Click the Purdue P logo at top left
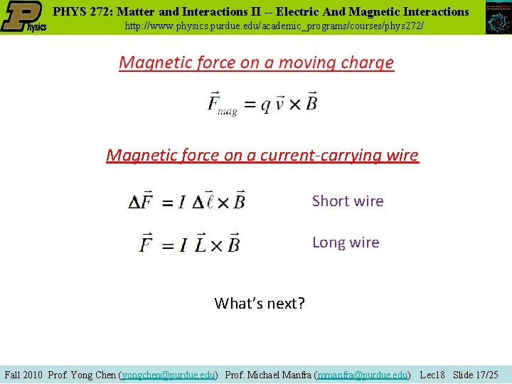click(23, 16)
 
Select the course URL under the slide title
click(274, 26)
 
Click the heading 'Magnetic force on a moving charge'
click(256, 63)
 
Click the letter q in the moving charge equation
click(265, 104)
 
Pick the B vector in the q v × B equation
click(311, 102)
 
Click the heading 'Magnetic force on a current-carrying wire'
click(262, 155)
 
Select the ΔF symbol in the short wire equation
click(141, 201)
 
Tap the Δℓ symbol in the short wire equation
click(201, 201)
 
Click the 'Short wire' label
click(348, 201)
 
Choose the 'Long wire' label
click(346, 242)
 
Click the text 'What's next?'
click(260, 304)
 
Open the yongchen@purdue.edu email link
click(169, 374)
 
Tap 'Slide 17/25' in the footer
click(476, 374)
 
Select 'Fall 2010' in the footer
click(24, 374)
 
